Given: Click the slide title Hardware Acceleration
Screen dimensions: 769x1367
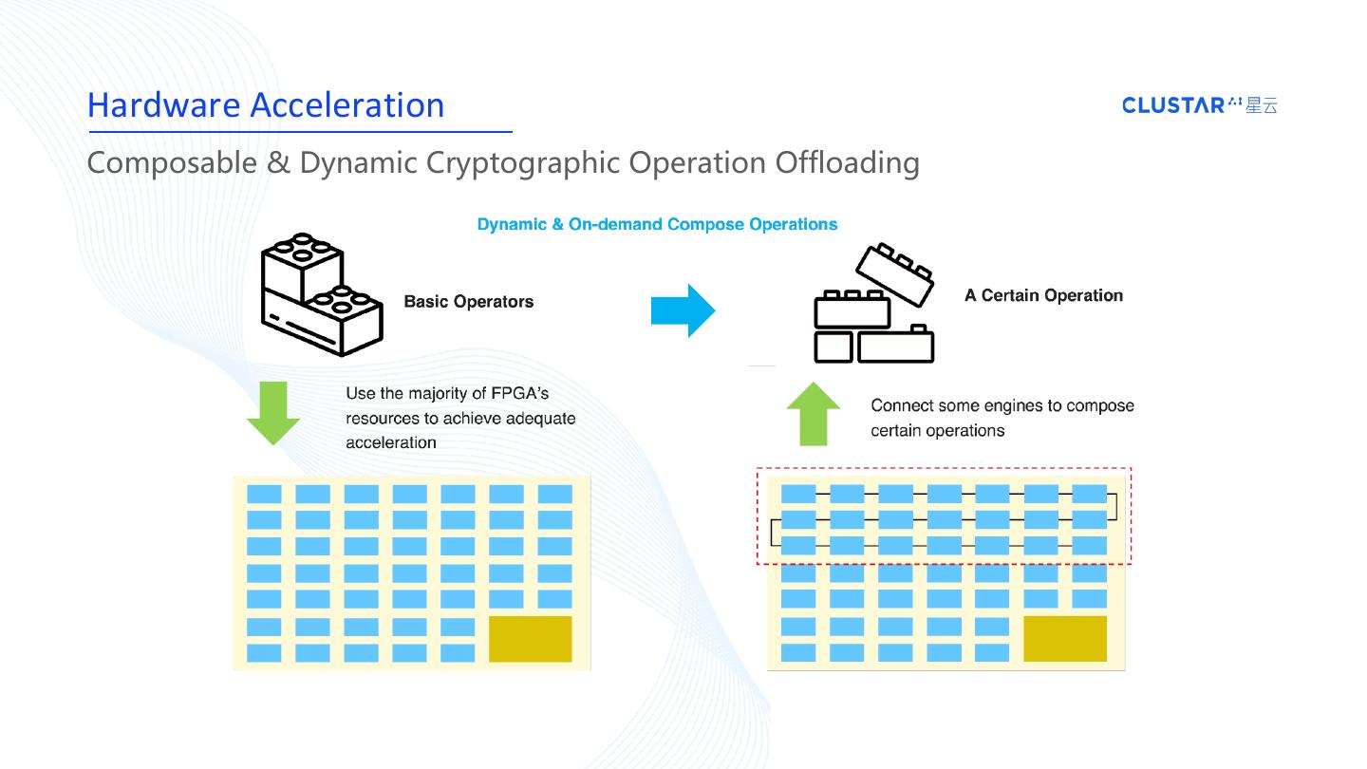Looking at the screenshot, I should tap(266, 104).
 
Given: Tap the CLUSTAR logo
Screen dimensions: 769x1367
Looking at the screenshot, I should tap(1200, 105).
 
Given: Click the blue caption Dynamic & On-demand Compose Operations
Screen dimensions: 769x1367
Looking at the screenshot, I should tap(657, 225).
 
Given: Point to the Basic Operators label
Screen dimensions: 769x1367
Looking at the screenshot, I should tap(469, 302).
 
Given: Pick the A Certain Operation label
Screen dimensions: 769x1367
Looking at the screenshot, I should tap(1043, 295).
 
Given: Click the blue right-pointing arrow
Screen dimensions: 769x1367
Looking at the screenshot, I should tap(683, 310).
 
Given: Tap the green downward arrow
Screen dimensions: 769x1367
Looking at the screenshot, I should tap(273, 413).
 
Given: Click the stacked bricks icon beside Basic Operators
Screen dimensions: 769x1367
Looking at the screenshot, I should tap(322, 294).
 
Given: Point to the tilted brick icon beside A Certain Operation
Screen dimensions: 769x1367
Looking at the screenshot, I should tap(874, 304).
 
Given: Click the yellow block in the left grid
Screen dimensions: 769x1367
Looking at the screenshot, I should tap(531, 639).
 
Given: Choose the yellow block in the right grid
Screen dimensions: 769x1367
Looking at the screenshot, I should tap(1065, 639).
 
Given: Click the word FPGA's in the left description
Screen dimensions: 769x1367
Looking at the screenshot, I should tap(520, 394).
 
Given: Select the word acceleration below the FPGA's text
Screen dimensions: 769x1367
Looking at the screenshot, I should tap(391, 442).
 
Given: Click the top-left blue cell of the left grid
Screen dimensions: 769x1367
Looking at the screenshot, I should tap(264, 495).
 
